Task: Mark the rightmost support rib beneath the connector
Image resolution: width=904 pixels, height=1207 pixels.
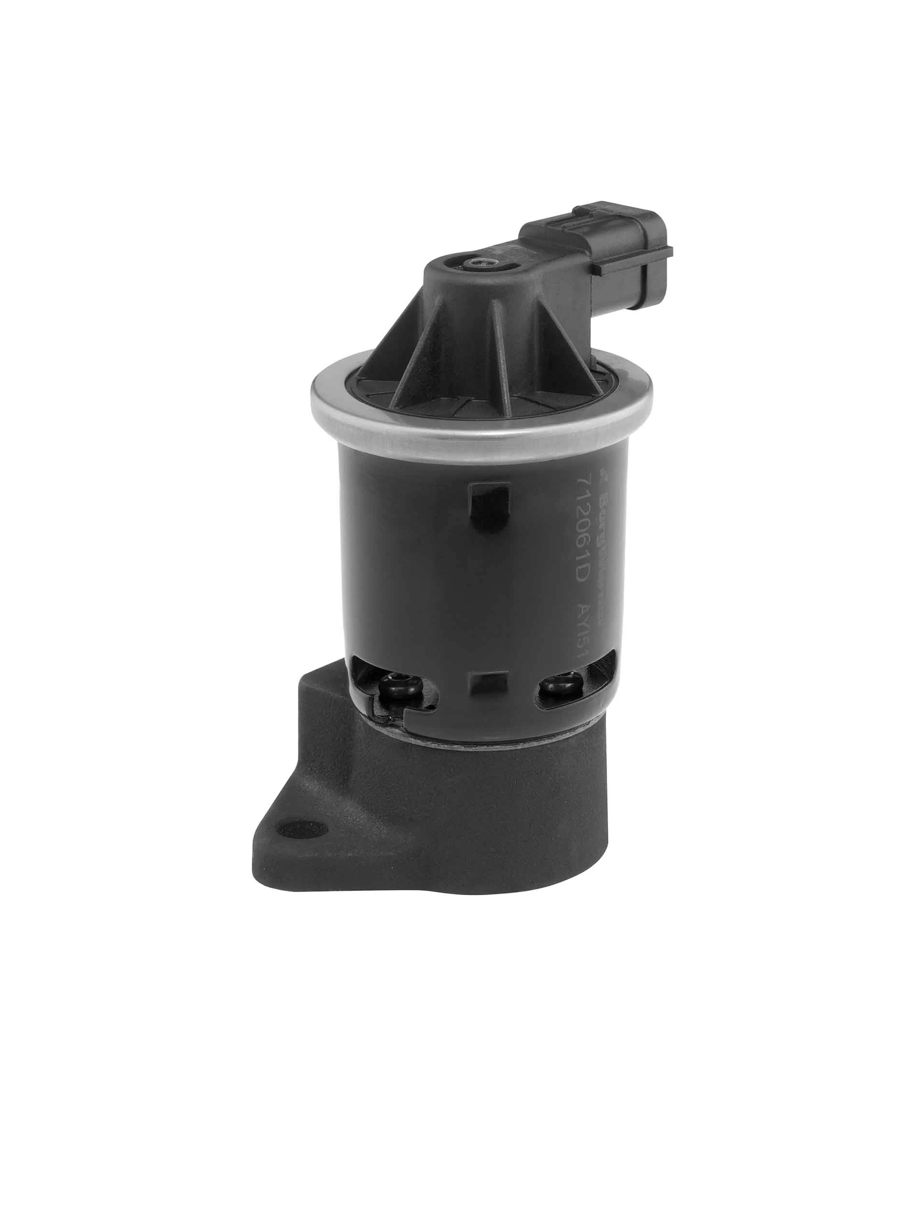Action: (x=573, y=349)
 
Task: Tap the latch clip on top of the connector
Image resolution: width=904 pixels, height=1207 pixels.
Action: (x=573, y=221)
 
